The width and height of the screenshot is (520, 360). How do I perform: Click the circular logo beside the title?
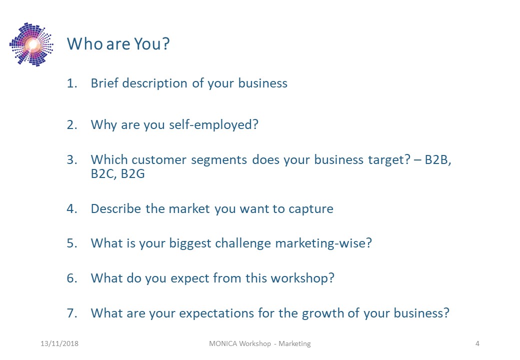tap(31, 44)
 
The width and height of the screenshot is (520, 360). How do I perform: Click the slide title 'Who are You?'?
tap(118, 44)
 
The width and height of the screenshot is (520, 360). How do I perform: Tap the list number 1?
tap(72, 83)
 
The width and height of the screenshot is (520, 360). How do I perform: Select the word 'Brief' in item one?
tap(104, 83)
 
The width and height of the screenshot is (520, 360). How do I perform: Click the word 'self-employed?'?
tap(213, 125)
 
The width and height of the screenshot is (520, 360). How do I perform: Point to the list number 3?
tap(72, 160)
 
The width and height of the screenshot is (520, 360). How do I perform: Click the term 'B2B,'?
tap(438, 160)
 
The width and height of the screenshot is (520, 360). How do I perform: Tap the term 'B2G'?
tap(132, 174)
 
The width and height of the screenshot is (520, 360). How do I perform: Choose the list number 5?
tap(72, 243)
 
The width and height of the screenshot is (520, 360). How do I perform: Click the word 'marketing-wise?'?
tap(323, 243)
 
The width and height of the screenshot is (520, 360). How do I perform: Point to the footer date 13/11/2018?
tap(59, 344)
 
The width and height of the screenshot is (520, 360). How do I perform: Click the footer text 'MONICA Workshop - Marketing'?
tap(259, 344)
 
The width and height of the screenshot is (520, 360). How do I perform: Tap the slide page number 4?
tap(477, 344)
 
